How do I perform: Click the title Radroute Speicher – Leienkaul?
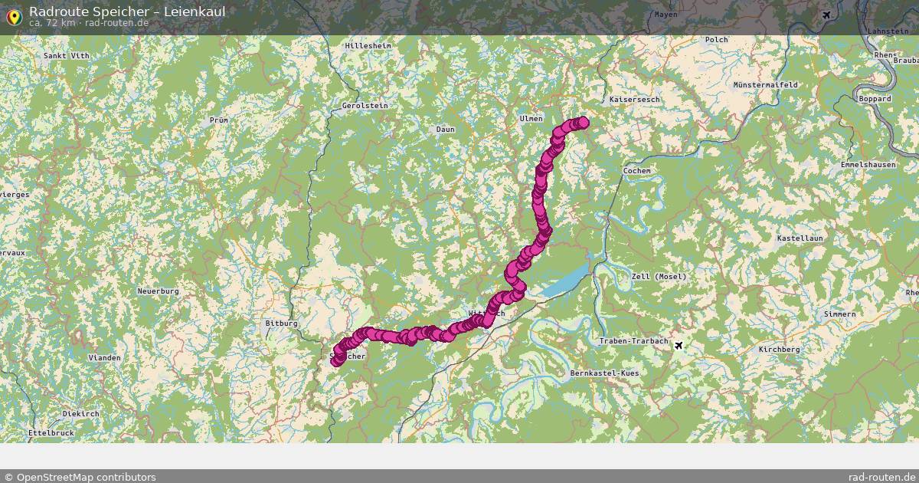point(127,11)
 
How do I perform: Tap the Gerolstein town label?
point(365,106)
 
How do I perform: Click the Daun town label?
point(445,130)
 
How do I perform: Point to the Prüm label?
point(218,120)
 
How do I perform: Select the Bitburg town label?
point(281,324)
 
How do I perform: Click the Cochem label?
point(637,171)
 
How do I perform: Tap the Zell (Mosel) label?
point(659,277)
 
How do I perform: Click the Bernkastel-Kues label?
point(604,373)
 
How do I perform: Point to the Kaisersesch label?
point(634,100)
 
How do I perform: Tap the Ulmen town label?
point(531,119)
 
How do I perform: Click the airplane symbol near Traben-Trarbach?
point(679,347)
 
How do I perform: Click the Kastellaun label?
point(800,238)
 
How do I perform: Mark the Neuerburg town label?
point(158,291)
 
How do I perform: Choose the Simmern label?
point(839,314)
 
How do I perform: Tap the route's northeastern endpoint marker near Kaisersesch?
point(583,122)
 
